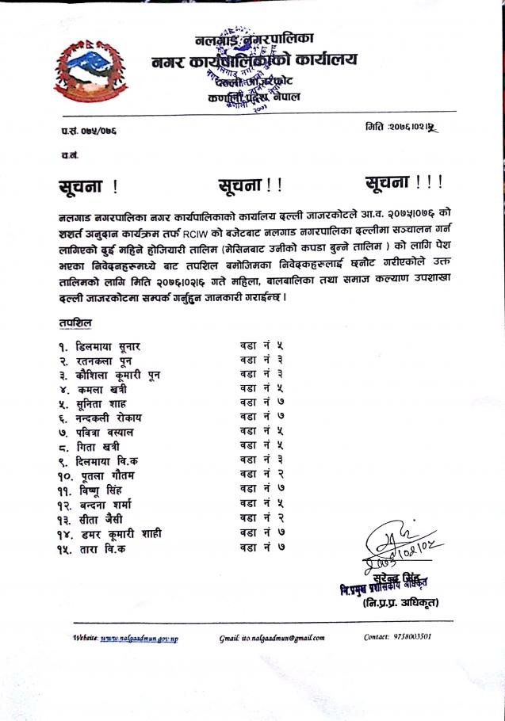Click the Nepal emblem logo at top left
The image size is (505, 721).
tap(83, 67)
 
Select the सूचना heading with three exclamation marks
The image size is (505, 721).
tap(404, 183)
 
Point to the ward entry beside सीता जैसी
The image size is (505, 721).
tap(261, 518)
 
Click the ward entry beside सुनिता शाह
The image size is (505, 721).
tap(261, 402)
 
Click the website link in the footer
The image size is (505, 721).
tap(138, 637)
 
